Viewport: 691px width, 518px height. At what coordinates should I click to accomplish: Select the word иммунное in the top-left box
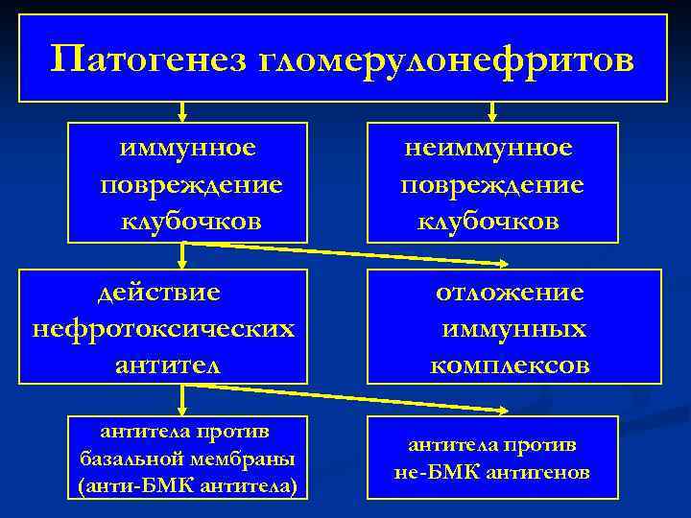pyautogui.click(x=188, y=148)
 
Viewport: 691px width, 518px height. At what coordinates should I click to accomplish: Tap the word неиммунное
pyautogui.click(x=488, y=148)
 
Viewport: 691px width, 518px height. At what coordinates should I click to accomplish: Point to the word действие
pyautogui.click(x=162, y=292)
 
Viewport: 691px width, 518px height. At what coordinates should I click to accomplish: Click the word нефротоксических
pyautogui.click(x=163, y=328)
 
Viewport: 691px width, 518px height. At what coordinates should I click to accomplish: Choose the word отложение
pyautogui.click(x=510, y=292)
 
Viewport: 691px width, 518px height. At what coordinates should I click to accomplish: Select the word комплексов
pyautogui.click(x=510, y=365)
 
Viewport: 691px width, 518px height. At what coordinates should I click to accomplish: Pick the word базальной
pyautogui.click(x=131, y=457)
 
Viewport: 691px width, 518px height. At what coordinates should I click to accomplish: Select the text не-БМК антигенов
pyautogui.click(x=492, y=472)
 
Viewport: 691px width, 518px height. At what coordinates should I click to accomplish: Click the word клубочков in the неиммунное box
pyautogui.click(x=488, y=222)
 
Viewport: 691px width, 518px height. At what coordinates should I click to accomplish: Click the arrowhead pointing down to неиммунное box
pyautogui.click(x=491, y=116)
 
